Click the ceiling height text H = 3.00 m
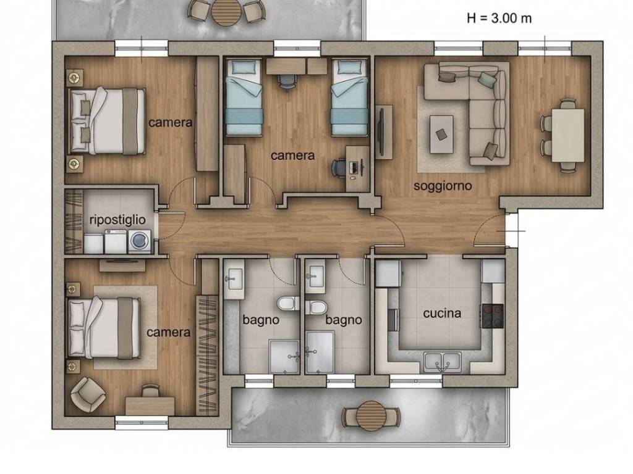click(x=499, y=18)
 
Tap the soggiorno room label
click(x=443, y=186)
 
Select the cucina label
click(x=442, y=313)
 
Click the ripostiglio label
click(x=117, y=220)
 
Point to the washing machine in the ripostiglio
click(x=139, y=241)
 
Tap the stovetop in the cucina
click(x=491, y=315)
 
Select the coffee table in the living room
click(x=441, y=134)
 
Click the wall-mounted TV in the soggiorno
click(x=380, y=131)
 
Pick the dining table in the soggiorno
click(x=567, y=135)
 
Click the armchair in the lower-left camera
click(x=88, y=394)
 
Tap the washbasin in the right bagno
click(x=315, y=276)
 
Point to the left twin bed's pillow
click(x=244, y=67)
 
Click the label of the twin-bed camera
click(x=292, y=155)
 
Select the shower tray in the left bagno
click(x=284, y=357)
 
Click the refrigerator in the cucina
click(x=388, y=273)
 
